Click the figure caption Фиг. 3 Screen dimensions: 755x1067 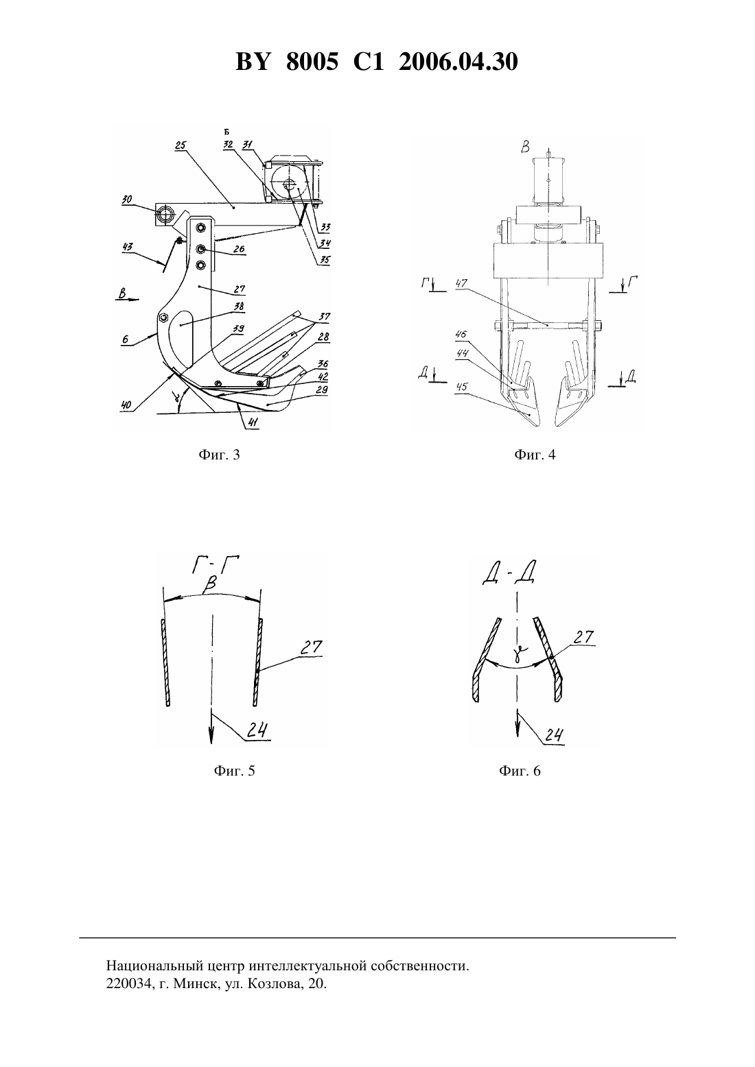(x=219, y=455)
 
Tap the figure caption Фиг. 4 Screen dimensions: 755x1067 (x=535, y=455)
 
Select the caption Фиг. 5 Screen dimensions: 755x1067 (x=234, y=771)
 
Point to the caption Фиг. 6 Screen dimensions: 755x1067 (x=520, y=771)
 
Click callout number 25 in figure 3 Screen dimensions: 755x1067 (x=181, y=146)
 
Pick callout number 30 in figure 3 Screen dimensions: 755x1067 (x=127, y=200)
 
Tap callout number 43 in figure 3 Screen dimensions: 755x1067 (x=127, y=247)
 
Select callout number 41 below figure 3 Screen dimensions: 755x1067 (x=252, y=422)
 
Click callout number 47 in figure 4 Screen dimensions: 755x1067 (x=461, y=284)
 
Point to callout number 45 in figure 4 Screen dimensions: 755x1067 (x=461, y=387)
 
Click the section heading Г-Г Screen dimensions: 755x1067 (x=216, y=566)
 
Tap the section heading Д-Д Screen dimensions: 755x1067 (x=508, y=575)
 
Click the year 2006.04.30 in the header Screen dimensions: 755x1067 (x=458, y=62)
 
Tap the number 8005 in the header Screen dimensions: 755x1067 (x=312, y=62)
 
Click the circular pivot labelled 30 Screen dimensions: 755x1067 (x=165, y=214)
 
